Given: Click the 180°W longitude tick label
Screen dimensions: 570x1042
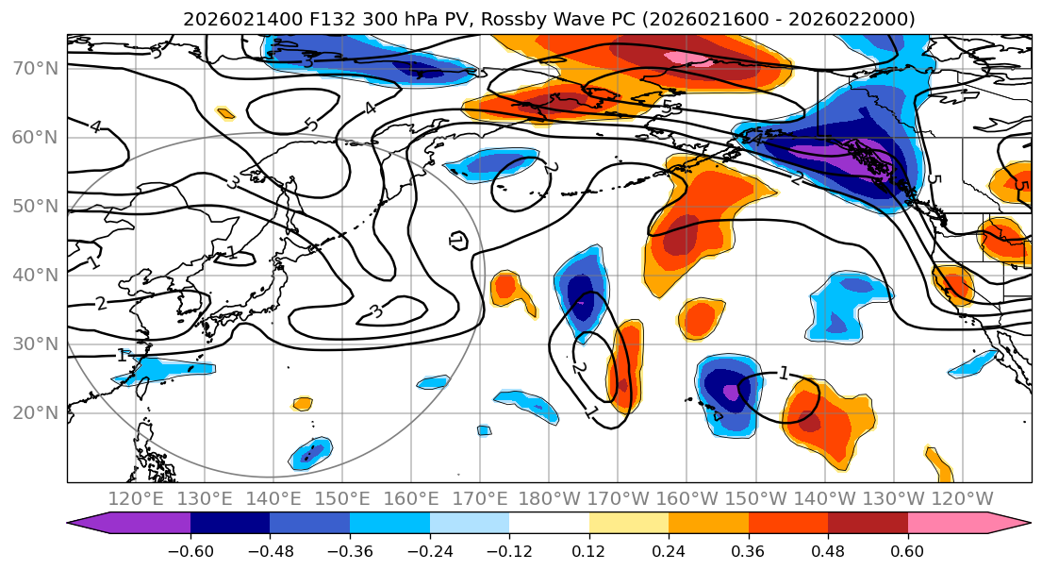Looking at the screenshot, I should (x=548, y=497).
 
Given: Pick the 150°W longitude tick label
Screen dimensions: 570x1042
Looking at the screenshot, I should (x=754, y=497).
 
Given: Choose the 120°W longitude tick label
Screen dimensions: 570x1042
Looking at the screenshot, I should (x=961, y=497).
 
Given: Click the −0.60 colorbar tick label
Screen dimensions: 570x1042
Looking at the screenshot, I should (x=190, y=549).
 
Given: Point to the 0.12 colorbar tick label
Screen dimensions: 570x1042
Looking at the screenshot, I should (x=589, y=549).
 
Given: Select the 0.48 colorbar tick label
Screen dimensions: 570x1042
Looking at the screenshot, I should (x=828, y=549).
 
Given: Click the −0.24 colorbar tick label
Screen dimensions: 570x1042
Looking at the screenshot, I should (x=429, y=549).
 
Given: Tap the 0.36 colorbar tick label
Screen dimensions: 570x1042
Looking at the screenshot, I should (x=749, y=549).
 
